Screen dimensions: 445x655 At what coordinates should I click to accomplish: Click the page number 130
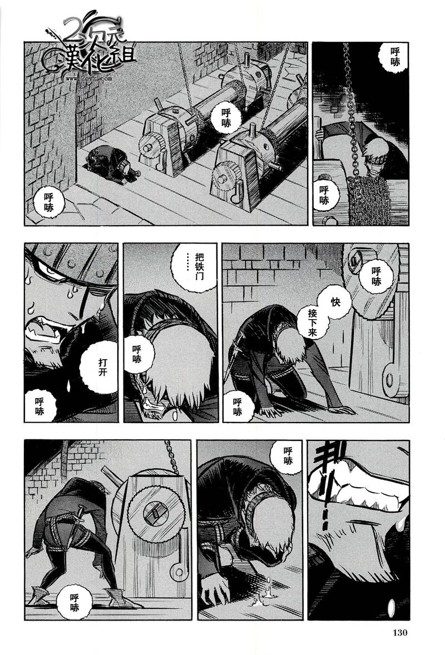coord(400,632)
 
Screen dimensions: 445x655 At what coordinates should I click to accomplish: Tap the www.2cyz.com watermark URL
coord(88,78)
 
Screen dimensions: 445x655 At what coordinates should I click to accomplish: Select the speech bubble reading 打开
coord(103,367)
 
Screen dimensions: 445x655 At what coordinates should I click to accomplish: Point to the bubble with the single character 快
coord(335,301)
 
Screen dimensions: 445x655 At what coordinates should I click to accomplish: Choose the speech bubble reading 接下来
coord(313,323)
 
